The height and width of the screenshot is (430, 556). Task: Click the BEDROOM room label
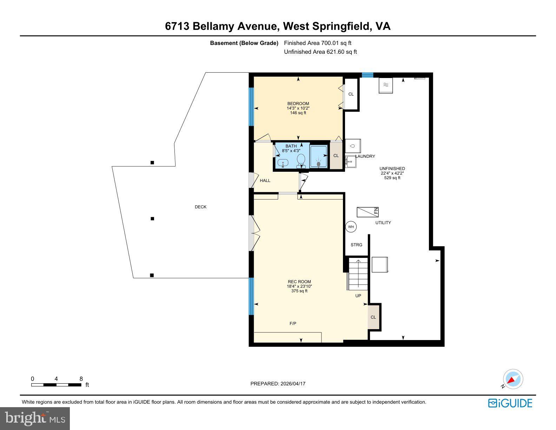coord(298,104)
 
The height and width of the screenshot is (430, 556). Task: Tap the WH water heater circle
coord(351,227)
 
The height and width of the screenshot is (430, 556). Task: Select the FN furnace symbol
coord(368,212)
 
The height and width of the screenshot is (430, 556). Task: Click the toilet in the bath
coord(301,161)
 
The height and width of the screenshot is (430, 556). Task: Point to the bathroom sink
coord(283,163)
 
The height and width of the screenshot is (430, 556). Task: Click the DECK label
coord(201,207)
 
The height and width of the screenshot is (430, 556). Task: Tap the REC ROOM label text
coord(299,282)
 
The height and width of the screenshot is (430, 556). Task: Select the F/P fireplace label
coord(293,324)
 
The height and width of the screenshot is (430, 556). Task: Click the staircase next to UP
coord(358,274)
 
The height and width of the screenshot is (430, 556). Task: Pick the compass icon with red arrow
coord(513,379)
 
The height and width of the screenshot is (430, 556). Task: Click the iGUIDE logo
coord(510,403)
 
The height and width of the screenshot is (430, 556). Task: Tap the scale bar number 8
coord(81,379)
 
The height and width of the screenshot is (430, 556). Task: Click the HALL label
coord(265,181)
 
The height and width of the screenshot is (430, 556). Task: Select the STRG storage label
coord(356,245)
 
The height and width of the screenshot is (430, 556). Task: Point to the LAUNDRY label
coord(365,156)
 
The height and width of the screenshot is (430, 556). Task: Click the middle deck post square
coord(152,219)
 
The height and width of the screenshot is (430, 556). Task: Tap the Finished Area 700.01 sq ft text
coord(317,43)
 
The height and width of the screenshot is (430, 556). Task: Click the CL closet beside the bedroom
coord(351,94)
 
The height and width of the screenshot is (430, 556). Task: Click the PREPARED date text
coord(278,384)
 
